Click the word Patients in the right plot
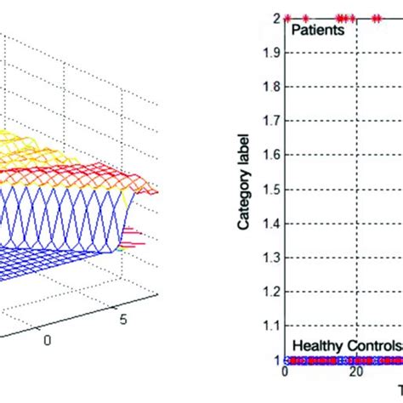click(317, 30)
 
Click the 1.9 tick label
click(271, 52)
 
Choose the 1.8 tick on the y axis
click(271, 86)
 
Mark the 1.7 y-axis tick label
click(271, 120)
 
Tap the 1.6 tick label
click(271, 155)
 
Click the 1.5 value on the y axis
click(271, 189)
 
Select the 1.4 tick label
click(271, 223)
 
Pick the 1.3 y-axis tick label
click(271, 257)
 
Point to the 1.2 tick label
click(271, 291)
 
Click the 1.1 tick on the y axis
click(271, 326)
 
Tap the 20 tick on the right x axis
click(356, 372)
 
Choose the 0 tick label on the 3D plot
click(47, 338)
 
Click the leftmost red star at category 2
click(288, 17)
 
